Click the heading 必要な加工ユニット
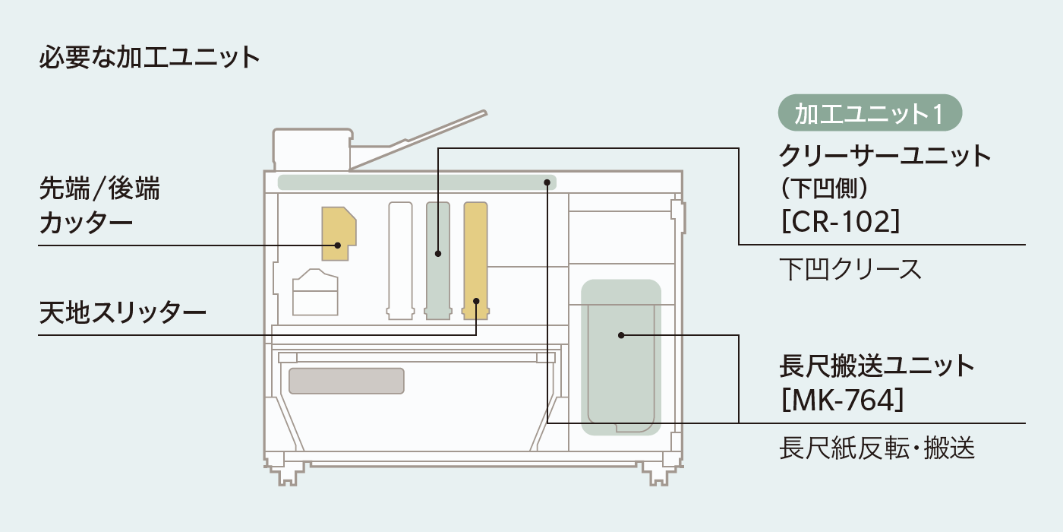[150, 58]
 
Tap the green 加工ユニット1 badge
[870, 113]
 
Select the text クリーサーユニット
[885, 156]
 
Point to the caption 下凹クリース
[850, 268]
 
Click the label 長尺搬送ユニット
[876, 366]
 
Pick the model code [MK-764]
[842, 400]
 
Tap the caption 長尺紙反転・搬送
[876, 448]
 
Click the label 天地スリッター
[122, 312]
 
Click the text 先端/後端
[99, 188]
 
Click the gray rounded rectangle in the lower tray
[345, 380]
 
